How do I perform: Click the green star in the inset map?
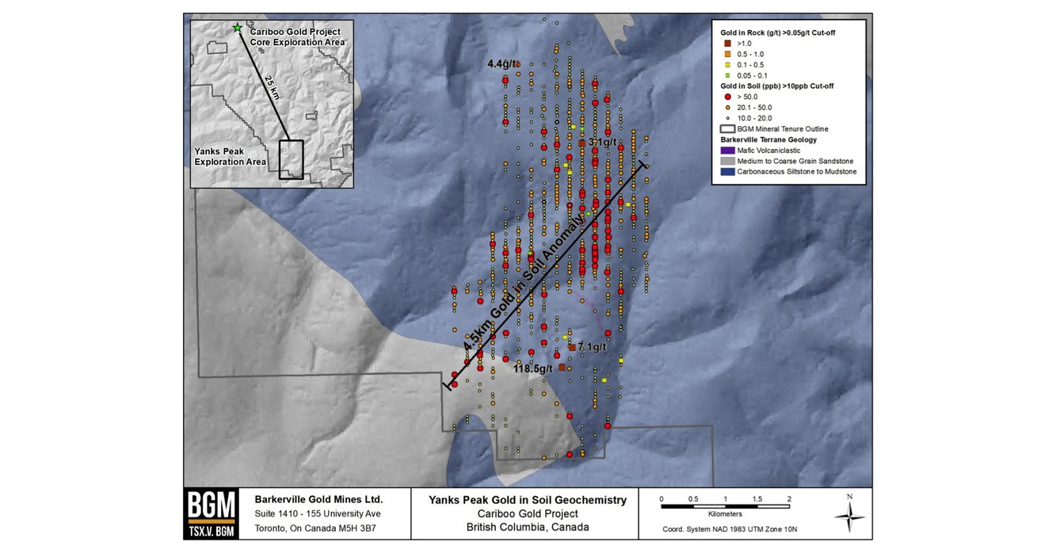pyautogui.click(x=236, y=28)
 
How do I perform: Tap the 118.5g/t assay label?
pyautogui.click(x=532, y=368)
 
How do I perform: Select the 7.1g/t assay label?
pyautogui.click(x=592, y=347)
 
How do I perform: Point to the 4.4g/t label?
pyautogui.click(x=503, y=63)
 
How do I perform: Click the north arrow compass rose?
pyautogui.click(x=849, y=516)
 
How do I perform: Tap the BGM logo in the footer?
pyautogui.click(x=212, y=513)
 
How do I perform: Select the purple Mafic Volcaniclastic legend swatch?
pyautogui.click(x=726, y=150)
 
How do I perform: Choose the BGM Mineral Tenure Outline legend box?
pyautogui.click(x=726, y=128)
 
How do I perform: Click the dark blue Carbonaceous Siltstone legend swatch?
pyautogui.click(x=726, y=171)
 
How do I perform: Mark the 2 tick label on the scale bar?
pyautogui.click(x=789, y=499)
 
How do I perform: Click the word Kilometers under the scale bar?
pyautogui.click(x=725, y=514)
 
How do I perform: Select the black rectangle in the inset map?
pyautogui.click(x=291, y=159)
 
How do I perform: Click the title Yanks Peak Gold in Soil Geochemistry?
pyautogui.click(x=528, y=500)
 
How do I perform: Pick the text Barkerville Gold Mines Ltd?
pyautogui.click(x=318, y=500)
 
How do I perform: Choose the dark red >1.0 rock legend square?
pyautogui.click(x=726, y=43)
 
